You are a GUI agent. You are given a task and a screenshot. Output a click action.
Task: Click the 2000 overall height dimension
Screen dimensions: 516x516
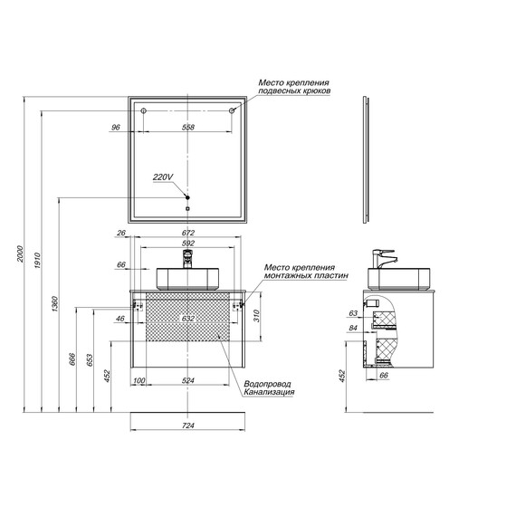coord(21,253)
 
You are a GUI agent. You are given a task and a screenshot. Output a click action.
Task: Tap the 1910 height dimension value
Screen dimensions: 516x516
coord(37,261)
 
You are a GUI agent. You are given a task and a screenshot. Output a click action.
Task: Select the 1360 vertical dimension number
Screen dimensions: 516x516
coord(54,304)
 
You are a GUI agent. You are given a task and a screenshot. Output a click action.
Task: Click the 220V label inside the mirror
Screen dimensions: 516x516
coord(163,177)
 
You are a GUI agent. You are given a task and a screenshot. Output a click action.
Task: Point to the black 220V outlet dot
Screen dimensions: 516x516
coord(187,197)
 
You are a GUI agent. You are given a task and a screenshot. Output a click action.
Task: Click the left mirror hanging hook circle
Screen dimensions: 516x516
coord(143,111)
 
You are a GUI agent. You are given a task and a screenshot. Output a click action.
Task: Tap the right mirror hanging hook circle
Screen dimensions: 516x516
coord(232,111)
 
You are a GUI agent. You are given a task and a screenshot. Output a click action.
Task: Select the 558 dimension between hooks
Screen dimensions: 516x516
coord(188,127)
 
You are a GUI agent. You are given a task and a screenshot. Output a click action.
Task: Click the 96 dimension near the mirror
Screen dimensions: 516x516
coord(116,127)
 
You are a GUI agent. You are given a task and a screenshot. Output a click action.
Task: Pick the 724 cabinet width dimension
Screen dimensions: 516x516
coord(188,425)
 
